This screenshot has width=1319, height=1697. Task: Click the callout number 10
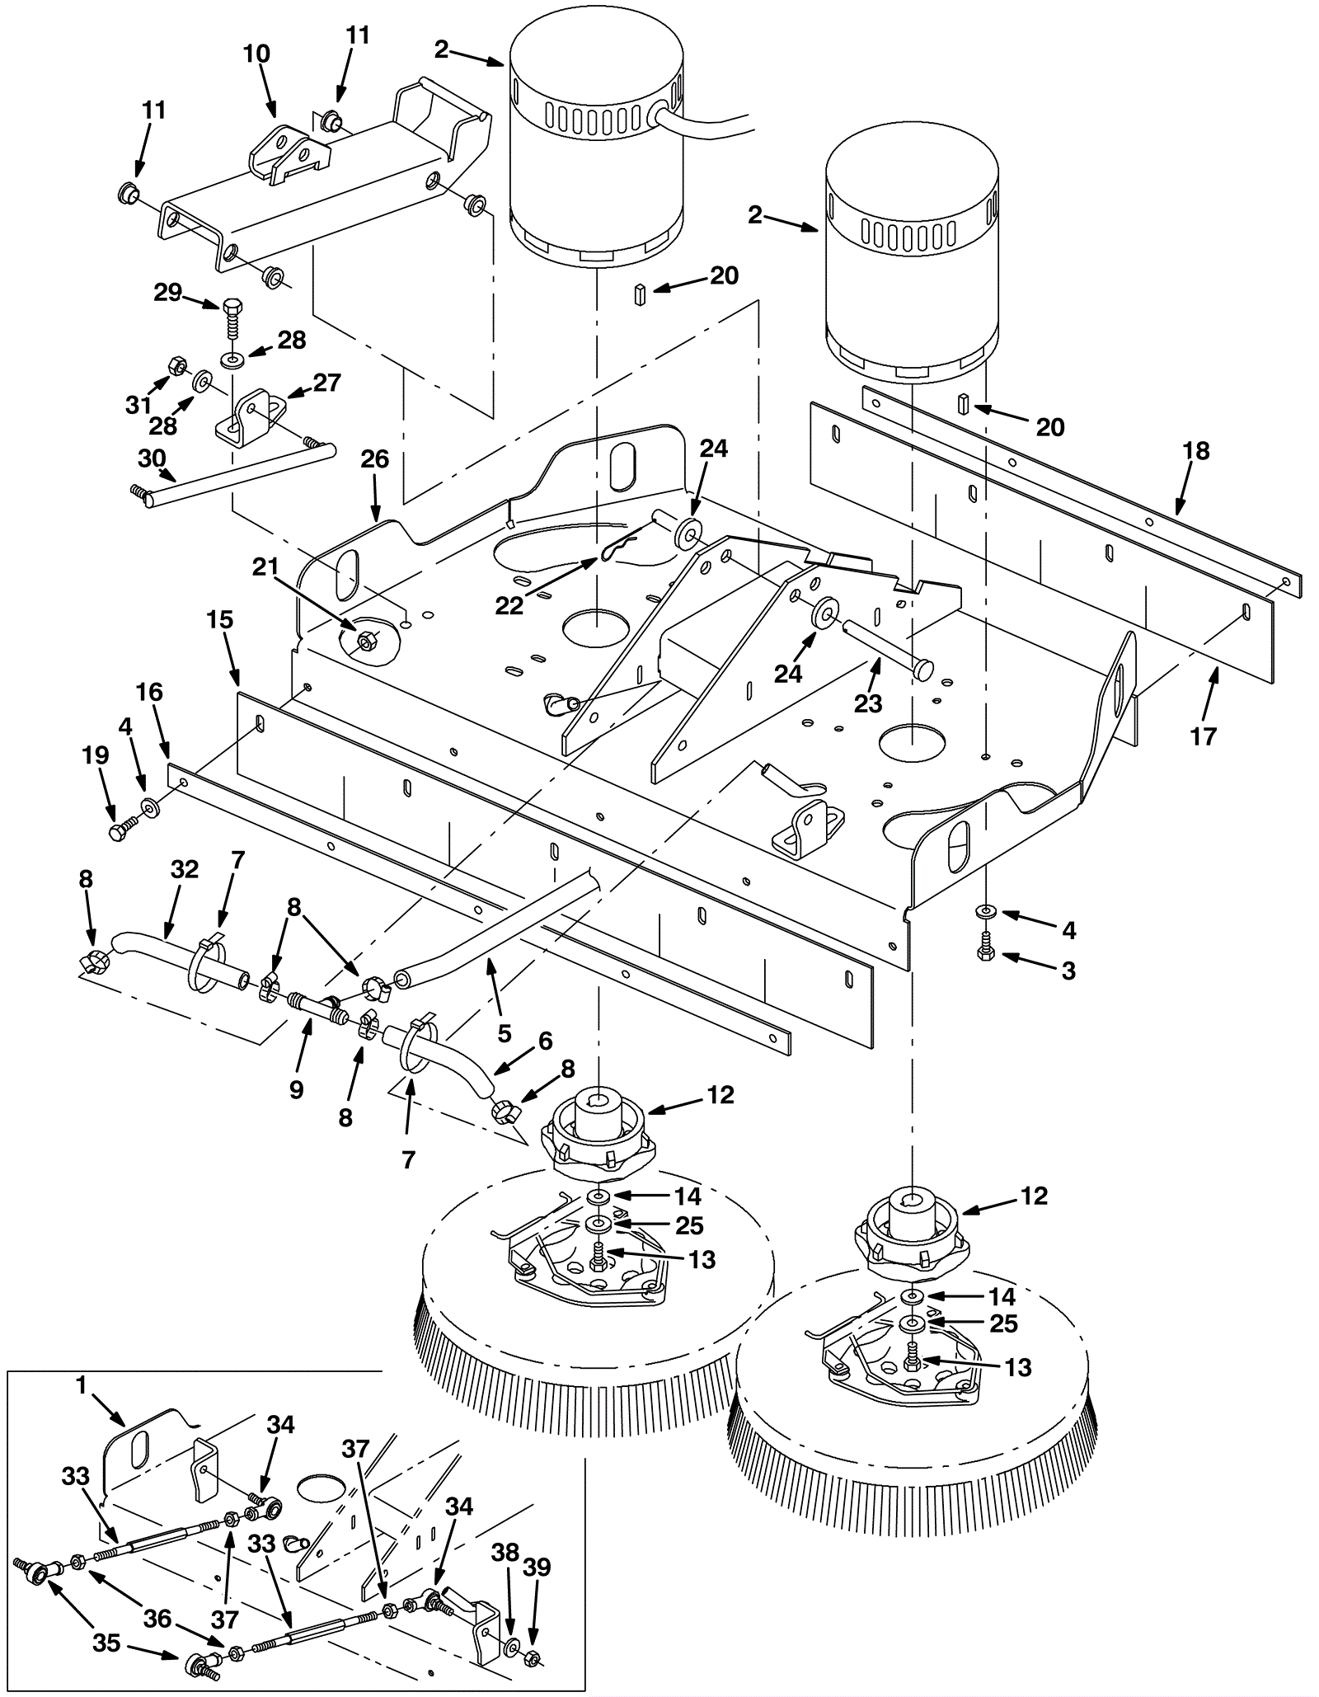click(256, 54)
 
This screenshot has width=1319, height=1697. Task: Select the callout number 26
click(375, 459)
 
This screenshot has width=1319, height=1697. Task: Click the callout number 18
click(1195, 451)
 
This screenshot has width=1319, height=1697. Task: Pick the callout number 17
click(1204, 736)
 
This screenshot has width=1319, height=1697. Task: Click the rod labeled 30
click(233, 475)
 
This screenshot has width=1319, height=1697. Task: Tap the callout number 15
click(220, 619)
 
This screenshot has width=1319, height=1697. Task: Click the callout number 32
click(184, 870)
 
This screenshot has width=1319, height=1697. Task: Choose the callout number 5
click(505, 1033)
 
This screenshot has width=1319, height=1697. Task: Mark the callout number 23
click(868, 703)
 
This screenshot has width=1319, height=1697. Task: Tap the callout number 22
click(509, 606)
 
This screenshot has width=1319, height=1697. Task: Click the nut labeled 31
click(176, 364)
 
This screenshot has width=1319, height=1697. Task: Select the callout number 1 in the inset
click(81, 1386)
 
